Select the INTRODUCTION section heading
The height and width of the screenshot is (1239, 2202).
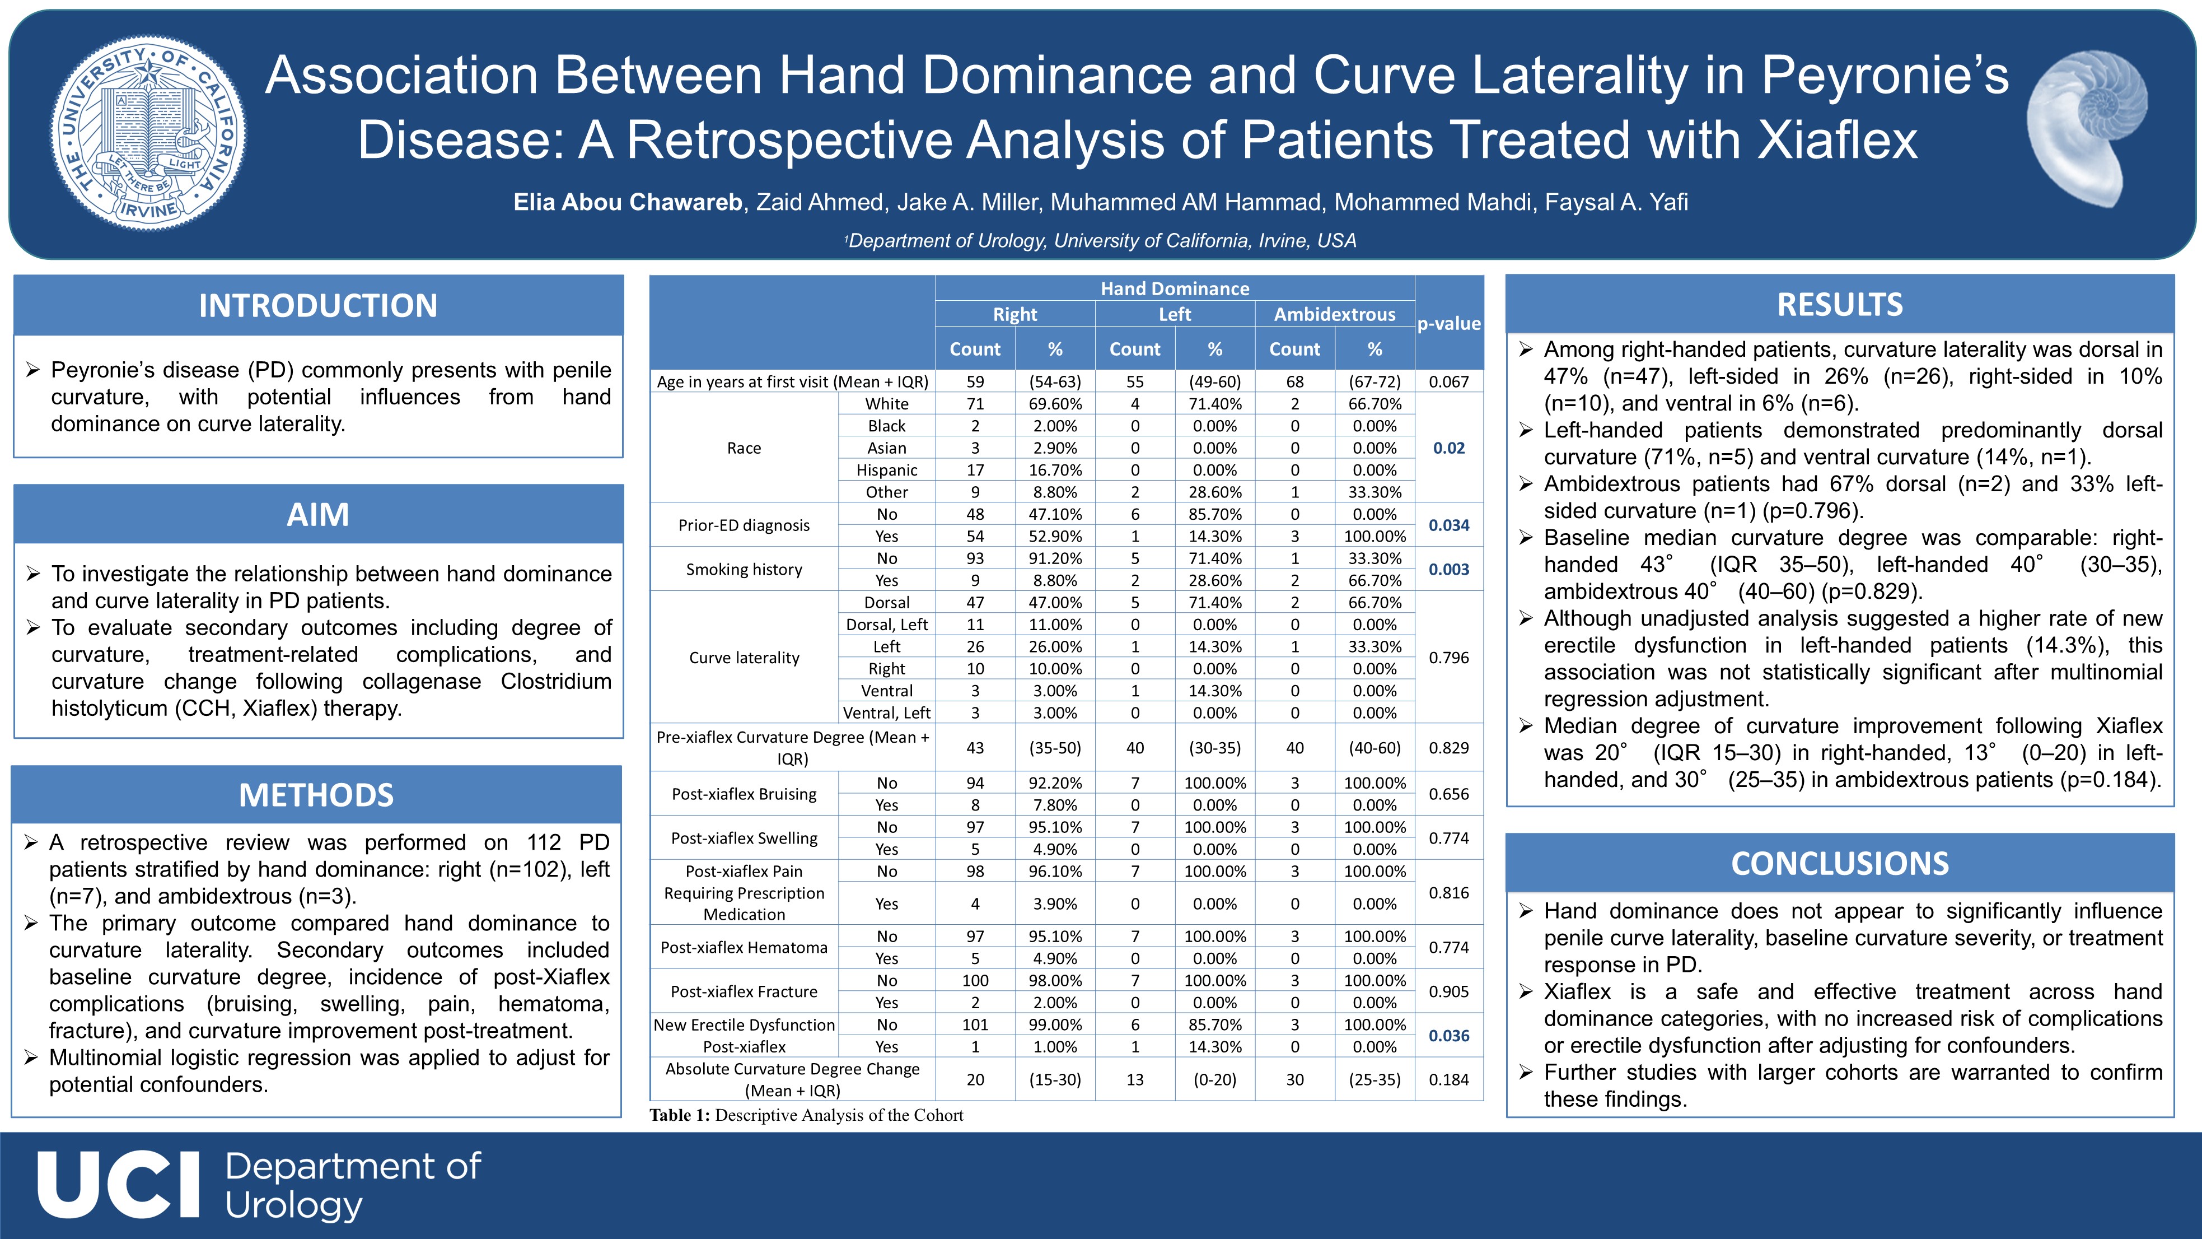(x=318, y=305)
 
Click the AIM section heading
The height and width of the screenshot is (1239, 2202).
(x=318, y=515)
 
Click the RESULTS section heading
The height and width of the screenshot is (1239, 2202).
(x=1840, y=304)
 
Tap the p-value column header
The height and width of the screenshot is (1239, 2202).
(x=1449, y=323)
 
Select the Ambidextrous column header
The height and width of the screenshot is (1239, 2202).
(x=1334, y=314)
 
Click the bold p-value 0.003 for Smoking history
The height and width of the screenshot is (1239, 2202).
(x=1449, y=570)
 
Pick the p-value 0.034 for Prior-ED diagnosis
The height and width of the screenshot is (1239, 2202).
(x=1449, y=525)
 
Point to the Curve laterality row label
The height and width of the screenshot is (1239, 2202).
(x=744, y=658)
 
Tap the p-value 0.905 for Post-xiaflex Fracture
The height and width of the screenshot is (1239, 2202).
(x=1449, y=992)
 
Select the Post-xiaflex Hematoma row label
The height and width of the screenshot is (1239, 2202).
(x=744, y=947)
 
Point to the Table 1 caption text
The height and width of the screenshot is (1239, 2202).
(x=806, y=1115)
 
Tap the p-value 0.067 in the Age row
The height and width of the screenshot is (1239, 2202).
(x=1449, y=381)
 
